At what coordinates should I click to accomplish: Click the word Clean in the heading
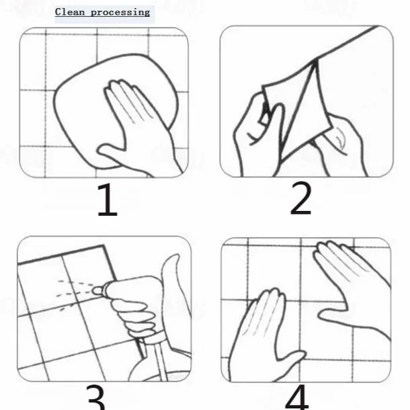[x=70, y=12]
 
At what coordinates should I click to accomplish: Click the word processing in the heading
[x=120, y=13]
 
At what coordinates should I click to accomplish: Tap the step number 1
[x=108, y=200]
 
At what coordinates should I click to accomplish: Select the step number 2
[x=301, y=198]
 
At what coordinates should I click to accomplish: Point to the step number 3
[x=95, y=397]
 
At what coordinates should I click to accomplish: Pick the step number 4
[x=298, y=397]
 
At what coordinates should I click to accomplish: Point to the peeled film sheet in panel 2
[x=298, y=110]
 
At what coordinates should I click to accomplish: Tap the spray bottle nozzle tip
[x=97, y=291]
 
